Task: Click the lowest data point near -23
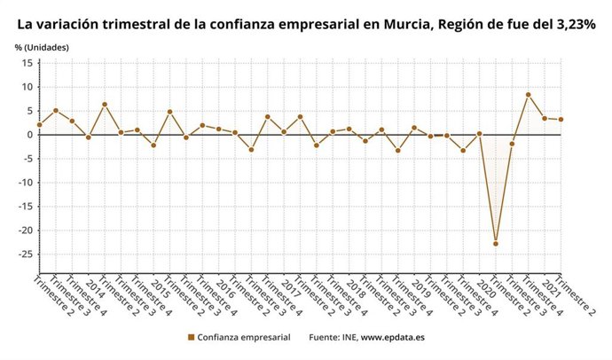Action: coord(496,243)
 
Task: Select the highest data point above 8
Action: coord(529,95)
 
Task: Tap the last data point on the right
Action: coord(561,120)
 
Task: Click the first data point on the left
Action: coord(40,125)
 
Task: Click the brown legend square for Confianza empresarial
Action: coord(191,338)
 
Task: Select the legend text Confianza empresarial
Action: coord(242,338)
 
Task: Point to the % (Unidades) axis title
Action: coord(41,45)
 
